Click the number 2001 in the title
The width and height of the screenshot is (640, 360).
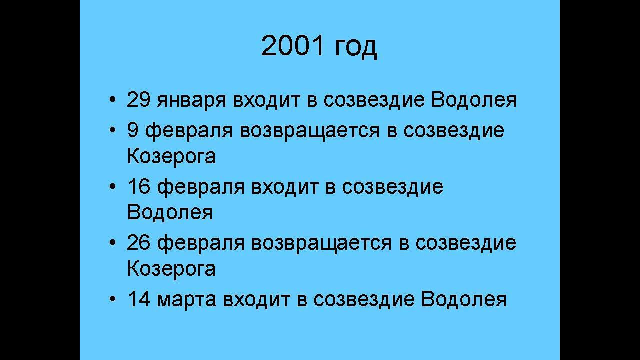coord(293,46)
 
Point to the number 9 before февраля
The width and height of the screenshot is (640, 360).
coord(133,130)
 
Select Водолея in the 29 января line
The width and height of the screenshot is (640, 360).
coord(473,100)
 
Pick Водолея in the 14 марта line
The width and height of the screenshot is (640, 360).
coord(464,299)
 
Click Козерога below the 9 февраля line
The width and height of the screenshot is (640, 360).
coord(171,156)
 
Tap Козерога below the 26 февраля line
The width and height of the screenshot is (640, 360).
coord(171,269)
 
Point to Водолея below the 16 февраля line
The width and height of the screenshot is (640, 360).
coord(170,212)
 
